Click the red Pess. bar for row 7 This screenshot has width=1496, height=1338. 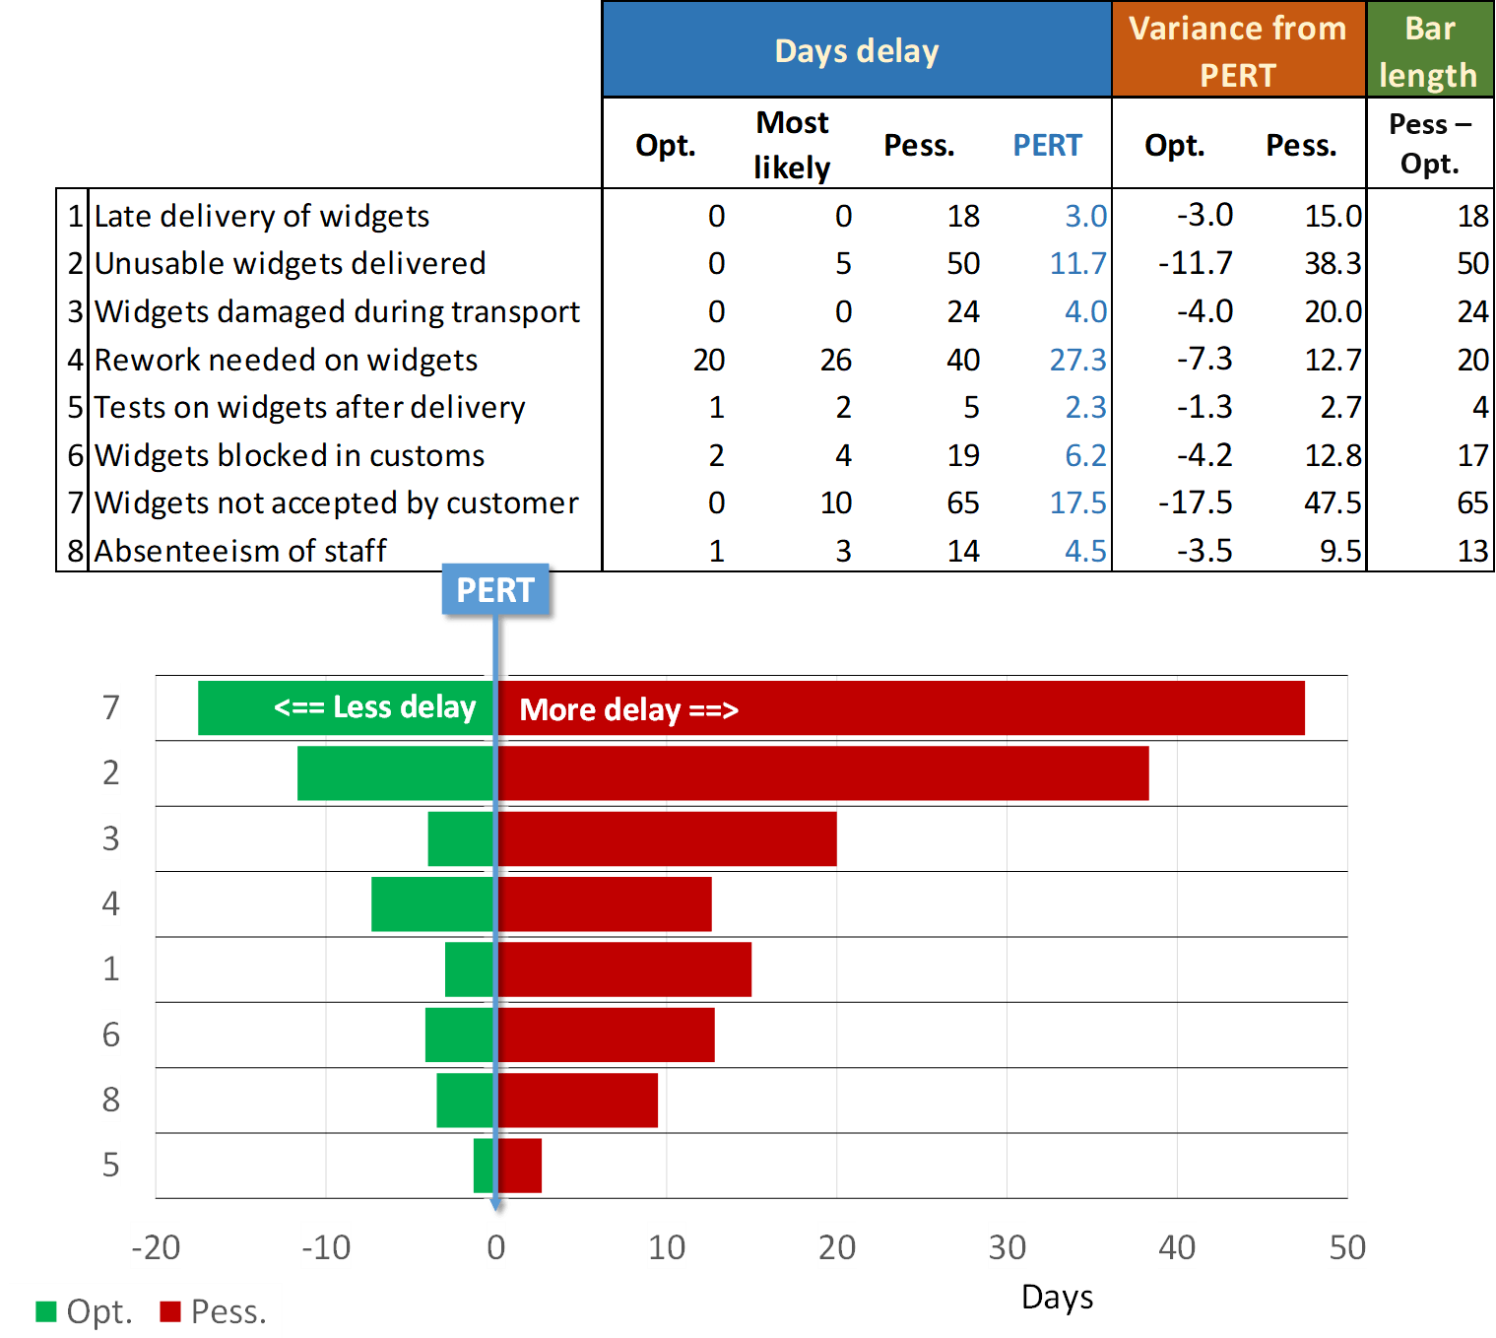985,708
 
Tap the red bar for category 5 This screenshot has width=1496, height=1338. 520,1166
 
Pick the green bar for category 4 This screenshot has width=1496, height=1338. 432,904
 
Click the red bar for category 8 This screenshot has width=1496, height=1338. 578,1101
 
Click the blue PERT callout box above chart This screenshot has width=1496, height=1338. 495,590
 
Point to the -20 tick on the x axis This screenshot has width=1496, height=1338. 156,1247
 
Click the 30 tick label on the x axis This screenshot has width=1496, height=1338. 1007,1247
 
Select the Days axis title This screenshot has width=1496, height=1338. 1057,1298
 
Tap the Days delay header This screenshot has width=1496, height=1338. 857,51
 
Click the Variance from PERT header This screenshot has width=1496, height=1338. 1238,51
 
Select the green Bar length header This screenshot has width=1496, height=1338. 1429,51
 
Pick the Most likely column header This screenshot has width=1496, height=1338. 792,145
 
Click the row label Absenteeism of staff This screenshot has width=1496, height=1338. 240,551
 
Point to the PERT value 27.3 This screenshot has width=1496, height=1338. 1077,360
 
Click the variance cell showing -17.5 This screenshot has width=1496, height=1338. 1195,503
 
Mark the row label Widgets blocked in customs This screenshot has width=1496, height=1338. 290,455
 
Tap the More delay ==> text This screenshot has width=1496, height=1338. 628,709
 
